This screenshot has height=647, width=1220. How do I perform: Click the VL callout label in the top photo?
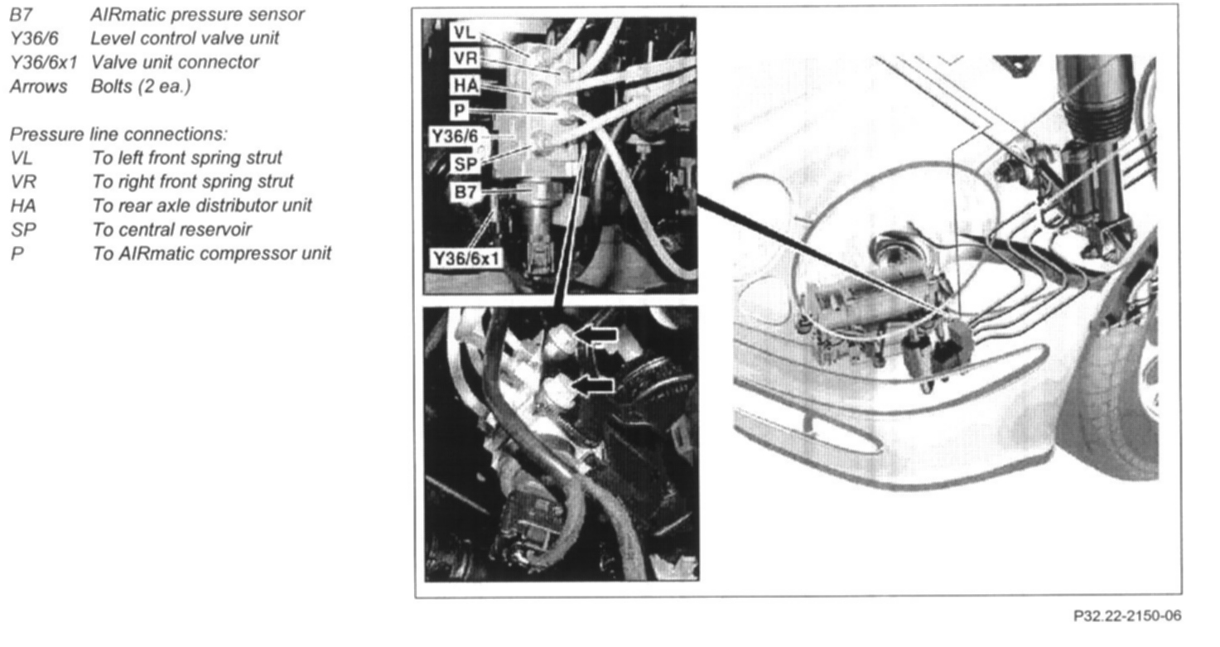click(x=464, y=32)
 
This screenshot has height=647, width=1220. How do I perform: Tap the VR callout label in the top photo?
click(x=465, y=58)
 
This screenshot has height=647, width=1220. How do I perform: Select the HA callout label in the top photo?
click(x=465, y=85)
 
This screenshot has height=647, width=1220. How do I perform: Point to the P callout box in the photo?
click(x=459, y=110)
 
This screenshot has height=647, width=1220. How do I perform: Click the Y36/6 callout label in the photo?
click(x=455, y=136)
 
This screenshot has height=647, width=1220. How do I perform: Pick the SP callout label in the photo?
click(x=465, y=163)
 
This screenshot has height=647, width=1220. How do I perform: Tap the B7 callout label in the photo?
click(x=465, y=191)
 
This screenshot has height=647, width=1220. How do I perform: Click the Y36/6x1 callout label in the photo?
click(x=465, y=258)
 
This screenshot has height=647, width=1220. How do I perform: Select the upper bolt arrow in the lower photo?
click(x=597, y=335)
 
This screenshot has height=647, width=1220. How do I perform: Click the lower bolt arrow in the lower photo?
click(x=593, y=385)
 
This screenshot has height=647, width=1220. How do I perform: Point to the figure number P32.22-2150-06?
click(x=1127, y=616)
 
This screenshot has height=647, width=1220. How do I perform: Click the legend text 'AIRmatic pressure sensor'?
click(x=197, y=14)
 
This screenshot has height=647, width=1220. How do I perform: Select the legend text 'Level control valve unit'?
click(x=185, y=38)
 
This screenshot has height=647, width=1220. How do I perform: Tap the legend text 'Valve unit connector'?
click(x=175, y=62)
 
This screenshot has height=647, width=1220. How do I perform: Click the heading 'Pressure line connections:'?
click(x=118, y=134)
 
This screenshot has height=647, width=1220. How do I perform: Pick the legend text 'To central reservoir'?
click(x=171, y=229)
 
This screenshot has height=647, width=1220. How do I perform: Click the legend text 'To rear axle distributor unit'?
click(x=201, y=205)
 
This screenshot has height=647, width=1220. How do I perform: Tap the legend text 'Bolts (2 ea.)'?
click(x=141, y=87)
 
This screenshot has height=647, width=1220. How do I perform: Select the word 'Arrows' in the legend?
click(x=39, y=87)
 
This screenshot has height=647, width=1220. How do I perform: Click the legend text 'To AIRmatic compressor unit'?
click(x=211, y=253)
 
